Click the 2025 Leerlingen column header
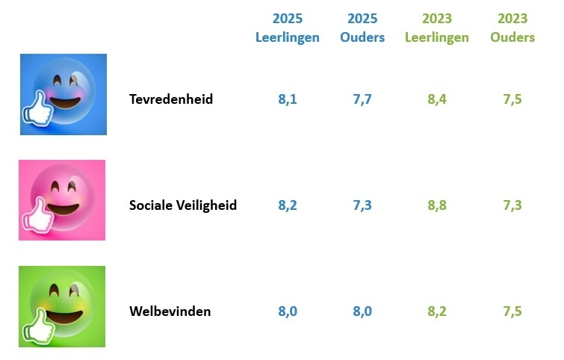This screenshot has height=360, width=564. [288, 28]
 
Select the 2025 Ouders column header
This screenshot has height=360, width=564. [362, 28]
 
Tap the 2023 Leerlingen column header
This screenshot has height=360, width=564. [437, 28]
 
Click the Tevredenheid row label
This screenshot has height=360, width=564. [171, 99]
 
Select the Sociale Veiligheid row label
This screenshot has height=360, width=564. [183, 205]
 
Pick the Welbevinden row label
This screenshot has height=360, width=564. [170, 311]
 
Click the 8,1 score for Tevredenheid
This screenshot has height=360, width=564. [288, 99]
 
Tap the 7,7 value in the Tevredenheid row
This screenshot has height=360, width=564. [362, 99]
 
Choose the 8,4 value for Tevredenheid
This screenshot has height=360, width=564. [437, 99]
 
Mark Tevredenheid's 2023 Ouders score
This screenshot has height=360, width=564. [512, 99]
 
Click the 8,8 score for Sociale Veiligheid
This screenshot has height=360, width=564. [437, 205]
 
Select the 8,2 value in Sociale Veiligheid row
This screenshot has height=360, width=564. [288, 205]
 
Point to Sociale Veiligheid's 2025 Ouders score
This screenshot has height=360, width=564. [362, 205]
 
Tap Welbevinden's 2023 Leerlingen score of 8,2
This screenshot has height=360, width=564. [437, 311]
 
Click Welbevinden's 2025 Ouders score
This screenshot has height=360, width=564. [362, 311]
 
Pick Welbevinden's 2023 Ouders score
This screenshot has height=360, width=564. [512, 311]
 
